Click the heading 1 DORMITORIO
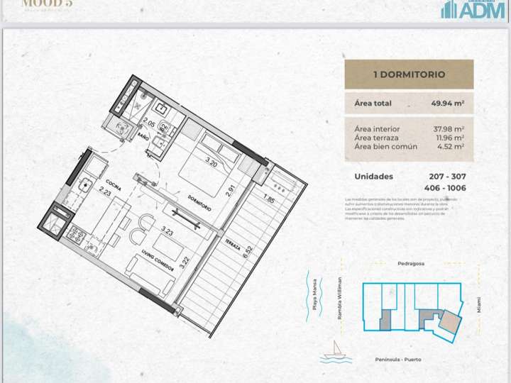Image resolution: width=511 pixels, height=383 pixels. [x=409, y=74]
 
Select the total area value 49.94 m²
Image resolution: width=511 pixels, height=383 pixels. [x=447, y=104]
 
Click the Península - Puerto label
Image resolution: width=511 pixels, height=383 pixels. [x=398, y=360]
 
